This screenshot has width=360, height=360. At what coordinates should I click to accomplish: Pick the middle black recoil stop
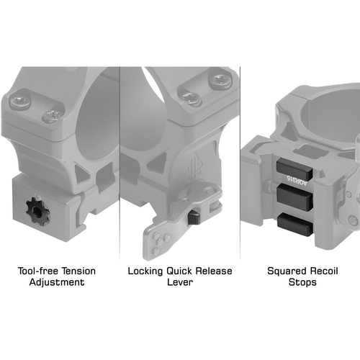pyautogui.click(x=294, y=197)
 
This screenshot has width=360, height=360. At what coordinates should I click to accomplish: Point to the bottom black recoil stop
pyautogui.click(x=295, y=225)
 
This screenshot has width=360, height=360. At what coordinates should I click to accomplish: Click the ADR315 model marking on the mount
pyautogui.click(x=297, y=181)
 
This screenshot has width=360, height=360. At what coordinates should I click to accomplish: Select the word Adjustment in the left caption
pyautogui.click(x=57, y=282)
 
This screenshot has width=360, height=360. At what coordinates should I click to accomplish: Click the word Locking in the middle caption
pyautogui.click(x=145, y=271)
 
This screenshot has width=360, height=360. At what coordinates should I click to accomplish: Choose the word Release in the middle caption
pyautogui.click(x=214, y=271)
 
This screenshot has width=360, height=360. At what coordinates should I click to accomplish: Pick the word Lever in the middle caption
pyautogui.click(x=180, y=282)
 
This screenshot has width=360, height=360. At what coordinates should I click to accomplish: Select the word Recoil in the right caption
pyautogui.click(x=323, y=271)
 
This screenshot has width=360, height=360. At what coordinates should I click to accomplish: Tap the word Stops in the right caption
pyautogui.click(x=302, y=282)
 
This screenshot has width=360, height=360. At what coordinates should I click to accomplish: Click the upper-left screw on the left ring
pyautogui.click(x=20, y=102)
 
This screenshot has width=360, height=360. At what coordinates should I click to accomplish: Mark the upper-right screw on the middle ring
pyautogui.click(x=220, y=80)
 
